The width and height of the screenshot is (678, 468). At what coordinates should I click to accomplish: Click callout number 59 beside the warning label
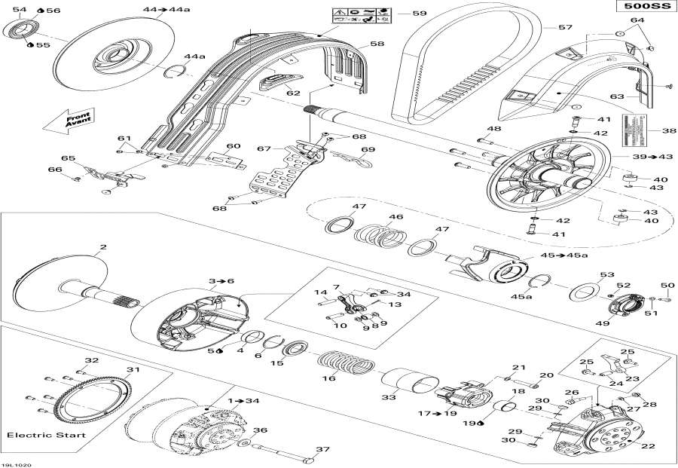click(x=419, y=14)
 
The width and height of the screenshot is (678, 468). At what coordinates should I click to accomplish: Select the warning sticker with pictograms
click(x=361, y=15)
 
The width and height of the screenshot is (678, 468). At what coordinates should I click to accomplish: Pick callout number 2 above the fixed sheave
click(x=103, y=246)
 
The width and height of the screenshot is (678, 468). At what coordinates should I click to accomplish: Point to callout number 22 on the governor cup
click(x=647, y=446)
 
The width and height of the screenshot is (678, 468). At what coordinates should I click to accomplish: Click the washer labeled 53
click(x=584, y=290)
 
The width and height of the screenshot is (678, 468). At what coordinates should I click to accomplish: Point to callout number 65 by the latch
click(x=69, y=159)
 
